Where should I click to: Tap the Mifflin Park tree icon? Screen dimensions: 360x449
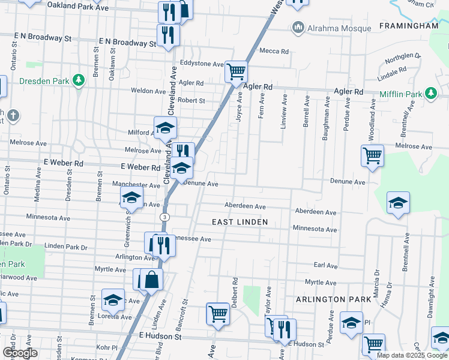[430, 93]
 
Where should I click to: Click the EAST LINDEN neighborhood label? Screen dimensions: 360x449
[238, 222]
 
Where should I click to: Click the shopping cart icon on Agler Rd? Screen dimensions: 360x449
[236, 72]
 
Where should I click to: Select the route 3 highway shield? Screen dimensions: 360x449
[164, 216]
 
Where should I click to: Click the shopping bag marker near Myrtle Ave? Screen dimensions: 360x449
[153, 279]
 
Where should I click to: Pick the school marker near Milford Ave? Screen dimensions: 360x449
[165, 127]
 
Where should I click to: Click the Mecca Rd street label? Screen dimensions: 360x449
[274, 51]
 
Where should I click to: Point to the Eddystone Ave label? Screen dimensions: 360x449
[199, 63]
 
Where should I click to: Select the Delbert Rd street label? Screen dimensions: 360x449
[236, 289]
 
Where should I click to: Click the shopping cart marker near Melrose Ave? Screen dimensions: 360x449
[372, 156]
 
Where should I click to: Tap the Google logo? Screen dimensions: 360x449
[19, 352]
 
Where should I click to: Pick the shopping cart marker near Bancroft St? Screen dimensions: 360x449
[218, 313]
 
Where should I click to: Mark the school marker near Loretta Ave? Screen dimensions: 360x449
[112, 299]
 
